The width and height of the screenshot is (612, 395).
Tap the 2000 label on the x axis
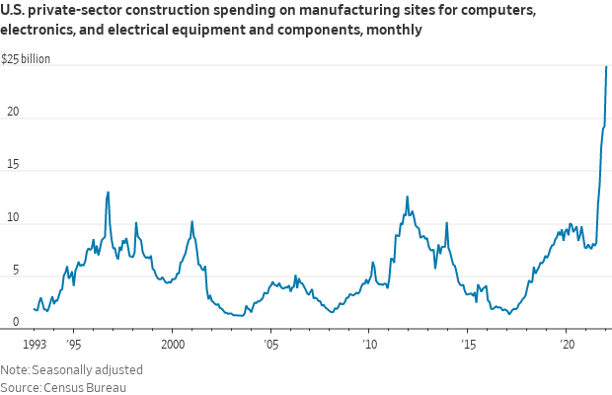172,345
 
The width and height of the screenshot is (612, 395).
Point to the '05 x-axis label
271,345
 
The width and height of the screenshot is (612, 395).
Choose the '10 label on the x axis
369,345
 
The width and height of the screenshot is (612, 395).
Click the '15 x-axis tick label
468,345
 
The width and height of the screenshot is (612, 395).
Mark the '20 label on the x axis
567,345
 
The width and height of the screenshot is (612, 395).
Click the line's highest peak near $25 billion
606,66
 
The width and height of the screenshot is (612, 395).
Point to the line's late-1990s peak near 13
108,192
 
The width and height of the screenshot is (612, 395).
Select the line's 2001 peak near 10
191,221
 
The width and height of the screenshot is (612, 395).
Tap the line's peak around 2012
407,197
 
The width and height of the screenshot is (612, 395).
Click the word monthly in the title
395,30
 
